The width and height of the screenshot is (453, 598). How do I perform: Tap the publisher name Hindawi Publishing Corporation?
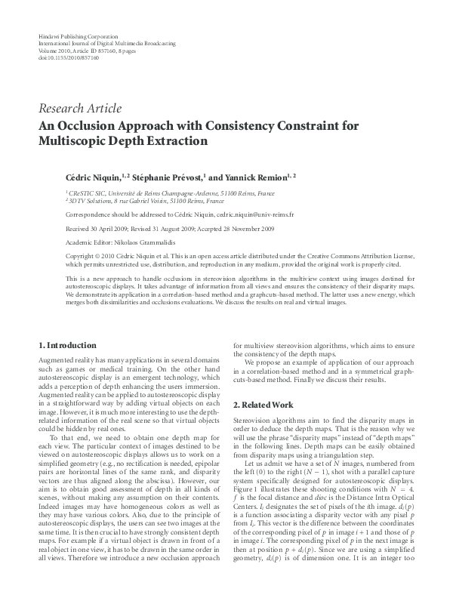coord(78,36)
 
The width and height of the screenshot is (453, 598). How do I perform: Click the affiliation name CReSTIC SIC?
coord(90,194)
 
